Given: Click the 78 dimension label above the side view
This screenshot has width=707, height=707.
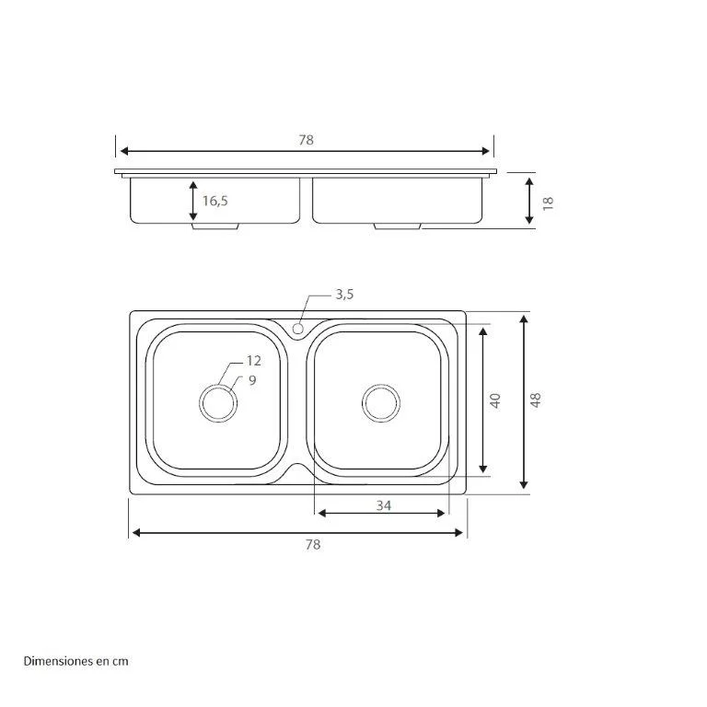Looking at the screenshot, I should pyautogui.click(x=307, y=140).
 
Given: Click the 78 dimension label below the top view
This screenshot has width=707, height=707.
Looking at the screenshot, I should pyautogui.click(x=312, y=545).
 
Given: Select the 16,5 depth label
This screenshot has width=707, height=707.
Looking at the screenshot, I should pyautogui.click(x=214, y=201).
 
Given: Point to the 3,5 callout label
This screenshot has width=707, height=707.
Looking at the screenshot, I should pyautogui.click(x=344, y=295).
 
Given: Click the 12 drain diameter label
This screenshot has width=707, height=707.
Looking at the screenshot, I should pyautogui.click(x=254, y=362).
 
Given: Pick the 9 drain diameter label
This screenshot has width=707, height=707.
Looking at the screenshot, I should pyautogui.click(x=251, y=379).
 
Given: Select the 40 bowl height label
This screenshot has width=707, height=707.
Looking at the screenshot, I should pyautogui.click(x=495, y=400).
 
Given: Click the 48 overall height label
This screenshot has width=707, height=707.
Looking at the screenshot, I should pyautogui.click(x=536, y=400).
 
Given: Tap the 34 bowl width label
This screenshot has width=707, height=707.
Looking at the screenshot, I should pyautogui.click(x=383, y=505).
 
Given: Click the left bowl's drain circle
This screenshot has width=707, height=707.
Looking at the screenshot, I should pyautogui.click(x=218, y=402).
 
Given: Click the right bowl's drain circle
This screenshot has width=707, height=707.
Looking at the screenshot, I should pyautogui.click(x=380, y=402).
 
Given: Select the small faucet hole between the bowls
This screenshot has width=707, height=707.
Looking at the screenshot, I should pyautogui.click(x=298, y=328).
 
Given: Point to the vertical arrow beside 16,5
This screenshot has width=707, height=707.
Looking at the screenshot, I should pyautogui.click(x=193, y=201).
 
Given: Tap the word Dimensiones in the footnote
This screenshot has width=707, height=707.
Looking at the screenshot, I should pyautogui.click(x=54, y=661).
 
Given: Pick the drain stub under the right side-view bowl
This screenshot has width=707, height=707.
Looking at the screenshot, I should pyautogui.click(x=398, y=226).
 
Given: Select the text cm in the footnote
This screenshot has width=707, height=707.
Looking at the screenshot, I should pyautogui.click(x=121, y=661).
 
